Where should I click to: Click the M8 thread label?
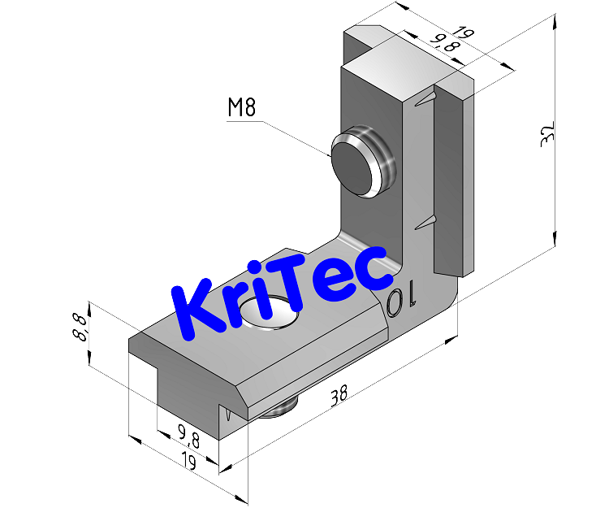[242, 107]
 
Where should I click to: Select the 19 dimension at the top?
[463, 34]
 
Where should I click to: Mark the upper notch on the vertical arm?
[426, 101]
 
